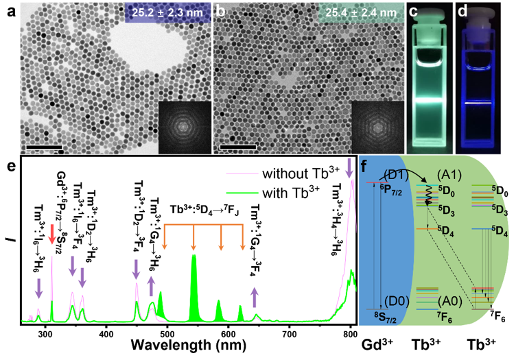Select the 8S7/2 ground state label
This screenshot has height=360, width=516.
pyautogui.click(x=376, y=317)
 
